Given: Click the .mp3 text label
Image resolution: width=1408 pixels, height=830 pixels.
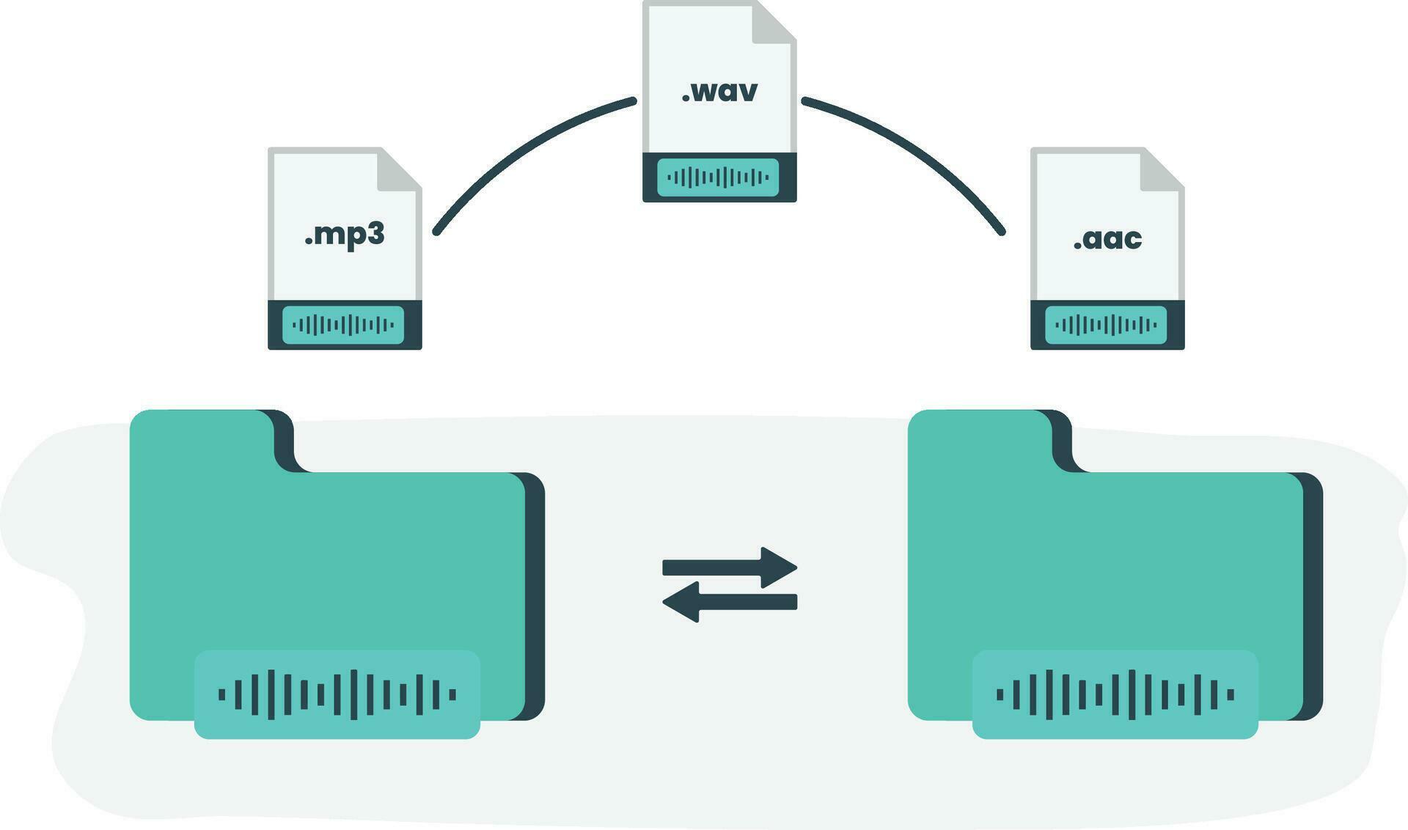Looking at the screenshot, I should coord(344,235).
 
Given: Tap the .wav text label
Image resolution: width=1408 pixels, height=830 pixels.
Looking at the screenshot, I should coord(719,92).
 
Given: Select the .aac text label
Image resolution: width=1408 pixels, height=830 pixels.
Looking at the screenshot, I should coord(1107,239).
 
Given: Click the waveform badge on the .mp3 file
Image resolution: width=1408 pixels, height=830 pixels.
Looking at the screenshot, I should coord(343,325).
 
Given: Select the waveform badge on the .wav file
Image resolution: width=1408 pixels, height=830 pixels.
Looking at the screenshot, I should coord(718,177).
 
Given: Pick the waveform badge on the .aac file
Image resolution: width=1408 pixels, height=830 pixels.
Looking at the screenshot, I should coord(1106,325).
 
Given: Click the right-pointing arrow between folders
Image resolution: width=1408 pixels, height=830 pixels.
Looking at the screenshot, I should coord(730,567).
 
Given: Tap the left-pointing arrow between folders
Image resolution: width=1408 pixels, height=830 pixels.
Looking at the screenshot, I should coord(730,602).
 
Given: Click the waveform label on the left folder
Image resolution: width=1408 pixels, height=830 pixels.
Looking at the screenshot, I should coord(337,694).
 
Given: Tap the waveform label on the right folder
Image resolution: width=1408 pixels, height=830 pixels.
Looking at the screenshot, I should coord(1115,694).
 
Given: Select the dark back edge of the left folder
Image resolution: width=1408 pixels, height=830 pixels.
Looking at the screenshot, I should coord(535,594).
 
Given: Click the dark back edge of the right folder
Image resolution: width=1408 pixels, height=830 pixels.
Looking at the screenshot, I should coord(1313,594).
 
